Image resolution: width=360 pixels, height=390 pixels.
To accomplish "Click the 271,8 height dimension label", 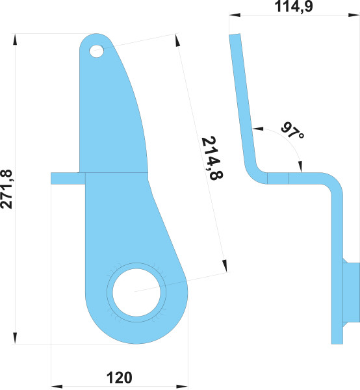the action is (x=6, y=189).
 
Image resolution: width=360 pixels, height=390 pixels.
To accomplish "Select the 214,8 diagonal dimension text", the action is (x=212, y=158).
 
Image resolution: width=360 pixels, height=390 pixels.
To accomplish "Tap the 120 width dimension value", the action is (x=120, y=378).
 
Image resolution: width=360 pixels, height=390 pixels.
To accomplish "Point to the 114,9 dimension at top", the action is (x=293, y=6).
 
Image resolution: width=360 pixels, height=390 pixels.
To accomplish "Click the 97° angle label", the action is (x=292, y=131).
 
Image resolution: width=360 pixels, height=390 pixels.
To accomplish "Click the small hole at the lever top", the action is (x=96, y=51).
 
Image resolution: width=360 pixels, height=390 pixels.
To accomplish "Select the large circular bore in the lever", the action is (x=136, y=292).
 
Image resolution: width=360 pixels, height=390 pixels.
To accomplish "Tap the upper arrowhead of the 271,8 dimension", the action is (x=15, y=40).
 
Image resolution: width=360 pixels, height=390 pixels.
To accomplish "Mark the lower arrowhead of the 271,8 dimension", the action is (x=15, y=338).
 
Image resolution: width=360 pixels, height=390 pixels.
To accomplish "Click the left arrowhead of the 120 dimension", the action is (x=57, y=387).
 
